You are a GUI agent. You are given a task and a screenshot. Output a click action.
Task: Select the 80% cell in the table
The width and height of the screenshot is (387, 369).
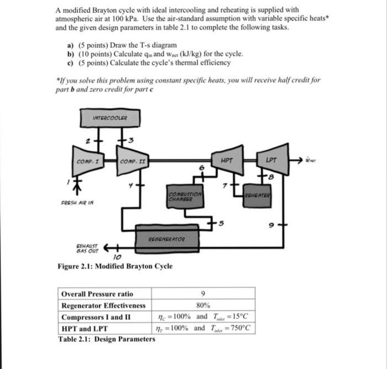(x=203, y=305)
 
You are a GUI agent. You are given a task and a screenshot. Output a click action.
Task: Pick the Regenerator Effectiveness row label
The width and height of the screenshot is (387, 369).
(x=103, y=305)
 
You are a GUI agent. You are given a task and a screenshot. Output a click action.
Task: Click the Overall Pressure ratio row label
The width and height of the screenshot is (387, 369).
(x=97, y=294)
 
